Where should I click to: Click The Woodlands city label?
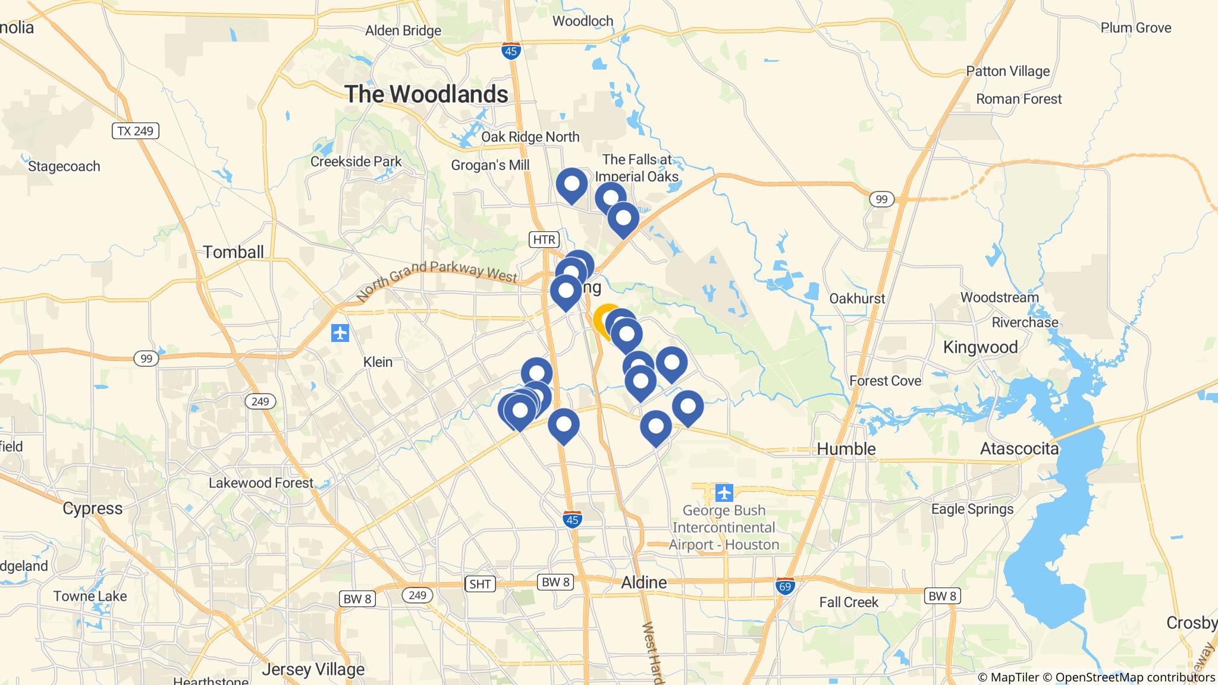(x=426, y=94)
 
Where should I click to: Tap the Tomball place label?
(x=233, y=252)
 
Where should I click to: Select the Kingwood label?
(x=980, y=347)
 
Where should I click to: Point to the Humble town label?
(x=846, y=448)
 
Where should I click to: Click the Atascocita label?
(x=1019, y=448)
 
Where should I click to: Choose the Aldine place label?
(x=643, y=582)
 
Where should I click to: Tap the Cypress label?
(x=93, y=508)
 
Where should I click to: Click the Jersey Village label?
(x=313, y=669)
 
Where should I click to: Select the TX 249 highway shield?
(x=136, y=131)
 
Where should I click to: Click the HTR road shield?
(x=544, y=240)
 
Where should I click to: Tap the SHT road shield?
(x=479, y=584)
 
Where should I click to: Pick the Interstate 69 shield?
(x=785, y=586)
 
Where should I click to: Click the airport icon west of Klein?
(x=340, y=333)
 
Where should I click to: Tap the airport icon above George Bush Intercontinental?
(x=724, y=493)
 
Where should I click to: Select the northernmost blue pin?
(x=572, y=184)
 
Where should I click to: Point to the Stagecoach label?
(x=64, y=166)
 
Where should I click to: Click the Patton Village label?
(x=1007, y=71)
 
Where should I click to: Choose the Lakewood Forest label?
(x=260, y=483)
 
